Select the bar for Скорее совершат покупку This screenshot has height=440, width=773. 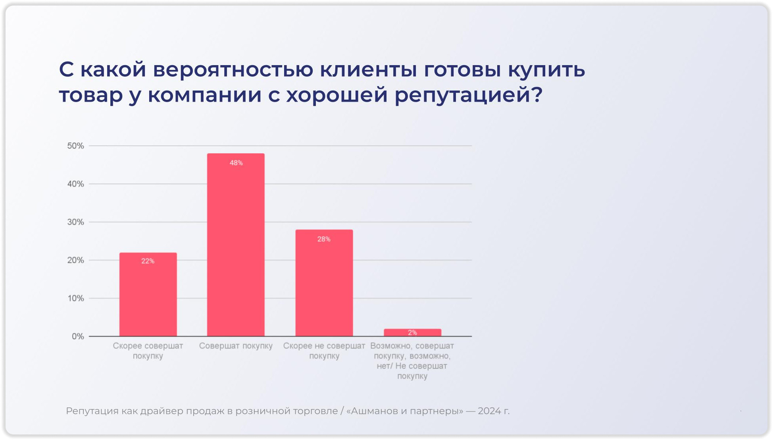pyautogui.click(x=148, y=296)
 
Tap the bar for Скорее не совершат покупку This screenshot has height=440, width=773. pyautogui.click(x=324, y=284)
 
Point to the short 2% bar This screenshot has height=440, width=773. pyautogui.click(x=412, y=332)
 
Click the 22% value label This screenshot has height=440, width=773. pyautogui.click(x=148, y=261)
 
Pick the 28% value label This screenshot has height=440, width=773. pyautogui.click(x=324, y=239)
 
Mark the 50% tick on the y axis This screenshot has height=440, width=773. pyautogui.click(x=75, y=146)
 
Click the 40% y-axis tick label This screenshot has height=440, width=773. pyautogui.click(x=75, y=184)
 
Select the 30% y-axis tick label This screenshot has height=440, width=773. pyautogui.click(x=75, y=222)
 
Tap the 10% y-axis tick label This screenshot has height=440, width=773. pyautogui.click(x=75, y=298)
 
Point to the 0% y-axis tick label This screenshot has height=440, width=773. pyautogui.click(x=78, y=336)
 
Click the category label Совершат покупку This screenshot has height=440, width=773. pyautogui.click(x=236, y=346)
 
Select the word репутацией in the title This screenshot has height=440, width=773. pyautogui.click(x=468, y=95)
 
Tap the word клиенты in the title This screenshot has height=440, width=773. pyautogui.click(x=368, y=70)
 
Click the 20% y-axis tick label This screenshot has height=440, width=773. pyautogui.click(x=75, y=260)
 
